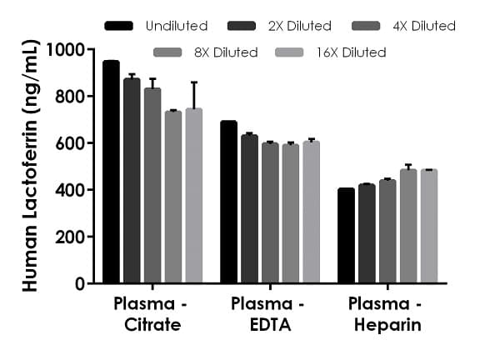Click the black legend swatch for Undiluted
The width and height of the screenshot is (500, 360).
click(120, 26)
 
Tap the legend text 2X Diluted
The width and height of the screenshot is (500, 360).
click(299, 26)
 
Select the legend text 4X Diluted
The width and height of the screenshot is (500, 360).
click(423, 26)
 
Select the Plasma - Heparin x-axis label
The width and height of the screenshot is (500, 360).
click(387, 313)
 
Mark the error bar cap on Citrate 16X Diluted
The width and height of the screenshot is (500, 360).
click(193, 82)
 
